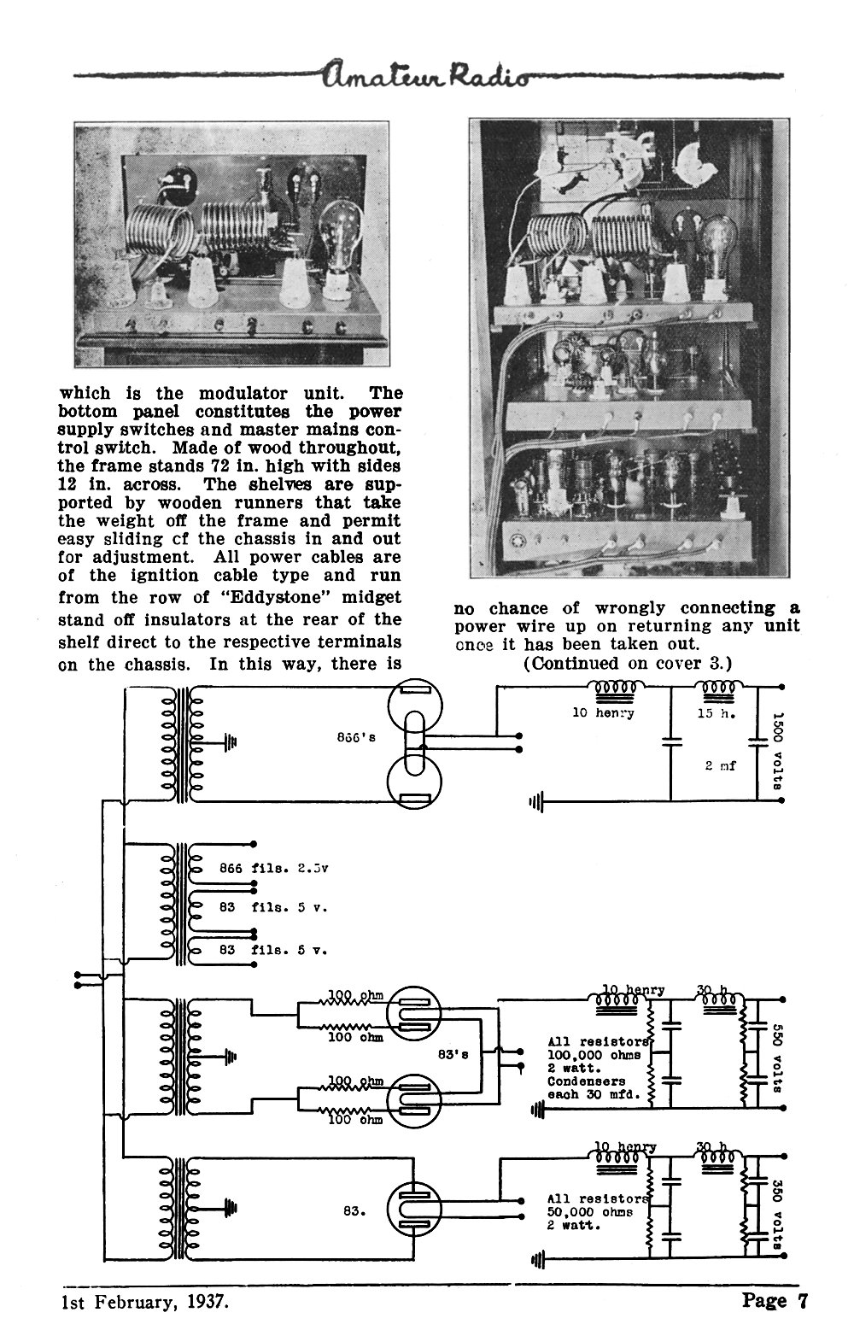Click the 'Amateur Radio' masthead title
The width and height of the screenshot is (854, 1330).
tap(425, 75)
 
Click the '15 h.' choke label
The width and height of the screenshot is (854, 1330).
tap(717, 713)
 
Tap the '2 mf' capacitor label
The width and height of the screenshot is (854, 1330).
tap(720, 766)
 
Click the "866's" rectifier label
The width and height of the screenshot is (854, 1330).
tap(356, 737)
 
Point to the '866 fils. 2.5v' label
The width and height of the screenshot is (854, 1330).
tap(273, 868)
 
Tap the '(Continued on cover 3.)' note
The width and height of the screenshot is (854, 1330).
tap(628, 663)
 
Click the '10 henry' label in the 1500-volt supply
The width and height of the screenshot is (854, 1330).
tap(603, 713)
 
